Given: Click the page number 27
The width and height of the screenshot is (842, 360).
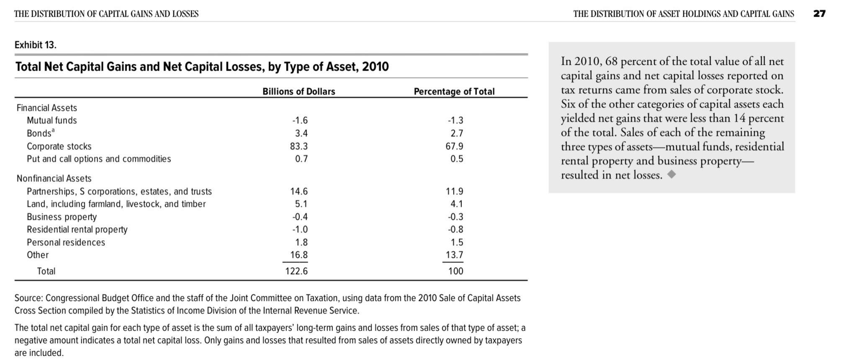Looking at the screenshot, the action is (x=819, y=14).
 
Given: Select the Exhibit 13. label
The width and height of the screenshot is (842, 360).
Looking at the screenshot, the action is (x=36, y=45).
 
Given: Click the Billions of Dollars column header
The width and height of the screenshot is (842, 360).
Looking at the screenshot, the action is (x=299, y=92).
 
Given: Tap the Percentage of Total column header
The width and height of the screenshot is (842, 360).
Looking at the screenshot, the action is (x=454, y=92).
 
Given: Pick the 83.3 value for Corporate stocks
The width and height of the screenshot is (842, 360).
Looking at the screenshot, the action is (x=299, y=147).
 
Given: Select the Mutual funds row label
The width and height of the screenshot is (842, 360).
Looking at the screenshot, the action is (x=52, y=121).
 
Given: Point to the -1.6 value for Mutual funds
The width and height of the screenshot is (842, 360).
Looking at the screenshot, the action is (x=300, y=121).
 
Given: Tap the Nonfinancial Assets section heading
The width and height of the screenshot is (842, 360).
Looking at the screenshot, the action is (x=54, y=179).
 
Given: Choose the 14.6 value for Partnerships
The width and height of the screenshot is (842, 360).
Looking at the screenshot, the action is (x=299, y=192).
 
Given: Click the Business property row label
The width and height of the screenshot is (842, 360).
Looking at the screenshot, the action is (x=62, y=217).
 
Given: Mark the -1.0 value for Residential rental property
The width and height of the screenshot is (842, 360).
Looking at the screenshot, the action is (x=300, y=229).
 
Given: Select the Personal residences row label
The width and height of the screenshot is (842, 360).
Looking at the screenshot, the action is (x=66, y=242).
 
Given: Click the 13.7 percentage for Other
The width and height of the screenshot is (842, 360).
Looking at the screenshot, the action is (x=454, y=255).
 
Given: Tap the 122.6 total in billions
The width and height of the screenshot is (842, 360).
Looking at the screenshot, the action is (x=296, y=271).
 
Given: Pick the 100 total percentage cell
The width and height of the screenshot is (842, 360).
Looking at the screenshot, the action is (x=456, y=271).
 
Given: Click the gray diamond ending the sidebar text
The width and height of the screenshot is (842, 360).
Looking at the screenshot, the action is (x=672, y=175).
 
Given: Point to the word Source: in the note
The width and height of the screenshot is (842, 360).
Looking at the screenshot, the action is (x=29, y=298).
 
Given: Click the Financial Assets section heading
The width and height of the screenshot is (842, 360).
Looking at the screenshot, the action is (x=47, y=108).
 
